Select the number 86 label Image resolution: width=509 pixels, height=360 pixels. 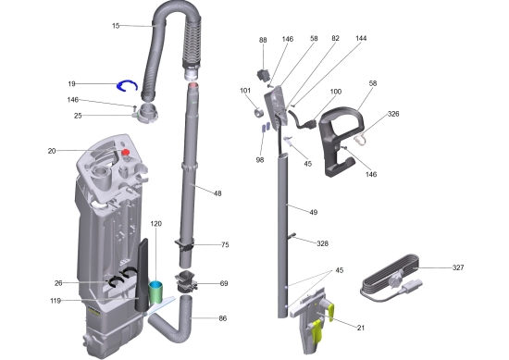[x=223, y=318]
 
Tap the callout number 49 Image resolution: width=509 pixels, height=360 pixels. [x=313, y=213]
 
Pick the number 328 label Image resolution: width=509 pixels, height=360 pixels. [x=322, y=243]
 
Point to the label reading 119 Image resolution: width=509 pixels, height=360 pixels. [x=56, y=301]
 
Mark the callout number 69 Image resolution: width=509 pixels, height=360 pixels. [x=223, y=284]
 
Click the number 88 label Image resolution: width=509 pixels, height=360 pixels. [x=263, y=41]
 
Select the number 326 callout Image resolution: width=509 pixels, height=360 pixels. [x=392, y=114]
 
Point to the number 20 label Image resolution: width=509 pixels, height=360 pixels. [x=52, y=150]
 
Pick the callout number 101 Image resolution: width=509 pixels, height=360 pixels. [x=245, y=91]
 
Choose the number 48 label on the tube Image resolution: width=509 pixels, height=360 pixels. [x=217, y=193]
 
